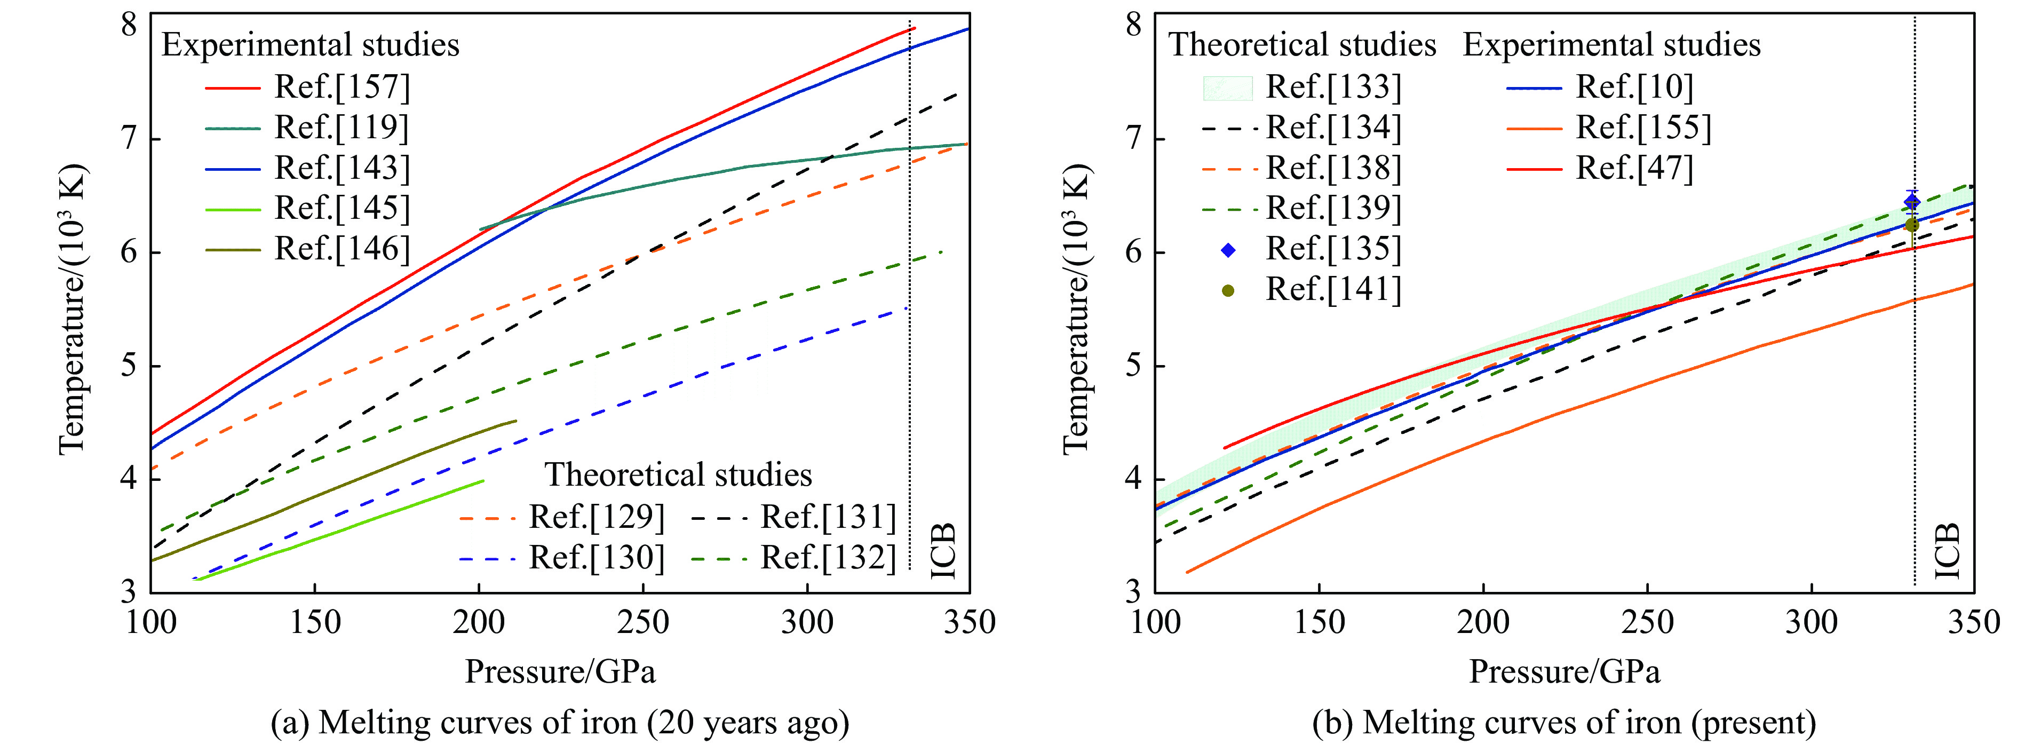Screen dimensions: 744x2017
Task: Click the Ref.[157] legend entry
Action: (x=342, y=87)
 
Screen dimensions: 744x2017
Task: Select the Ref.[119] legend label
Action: (x=342, y=128)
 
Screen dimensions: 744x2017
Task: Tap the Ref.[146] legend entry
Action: (x=342, y=249)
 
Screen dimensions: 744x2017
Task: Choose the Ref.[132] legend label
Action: (x=828, y=558)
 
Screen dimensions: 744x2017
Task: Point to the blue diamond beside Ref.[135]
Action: (x=1228, y=250)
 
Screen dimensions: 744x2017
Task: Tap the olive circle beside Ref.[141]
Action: (x=1228, y=290)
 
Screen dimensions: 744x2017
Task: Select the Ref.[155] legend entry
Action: (x=1643, y=128)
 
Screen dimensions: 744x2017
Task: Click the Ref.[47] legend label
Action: (x=1634, y=168)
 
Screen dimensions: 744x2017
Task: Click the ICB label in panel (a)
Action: (x=943, y=551)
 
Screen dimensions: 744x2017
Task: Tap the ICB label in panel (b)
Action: (x=1947, y=551)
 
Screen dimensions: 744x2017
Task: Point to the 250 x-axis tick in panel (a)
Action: (x=643, y=623)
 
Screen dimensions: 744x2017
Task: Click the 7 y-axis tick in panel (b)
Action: (x=1134, y=139)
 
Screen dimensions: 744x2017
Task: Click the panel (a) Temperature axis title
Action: (x=72, y=310)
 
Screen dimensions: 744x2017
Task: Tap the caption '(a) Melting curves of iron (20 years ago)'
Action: (x=560, y=723)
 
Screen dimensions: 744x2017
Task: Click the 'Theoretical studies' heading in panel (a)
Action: (x=678, y=474)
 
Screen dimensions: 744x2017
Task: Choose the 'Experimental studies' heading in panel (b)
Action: (x=1611, y=45)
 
